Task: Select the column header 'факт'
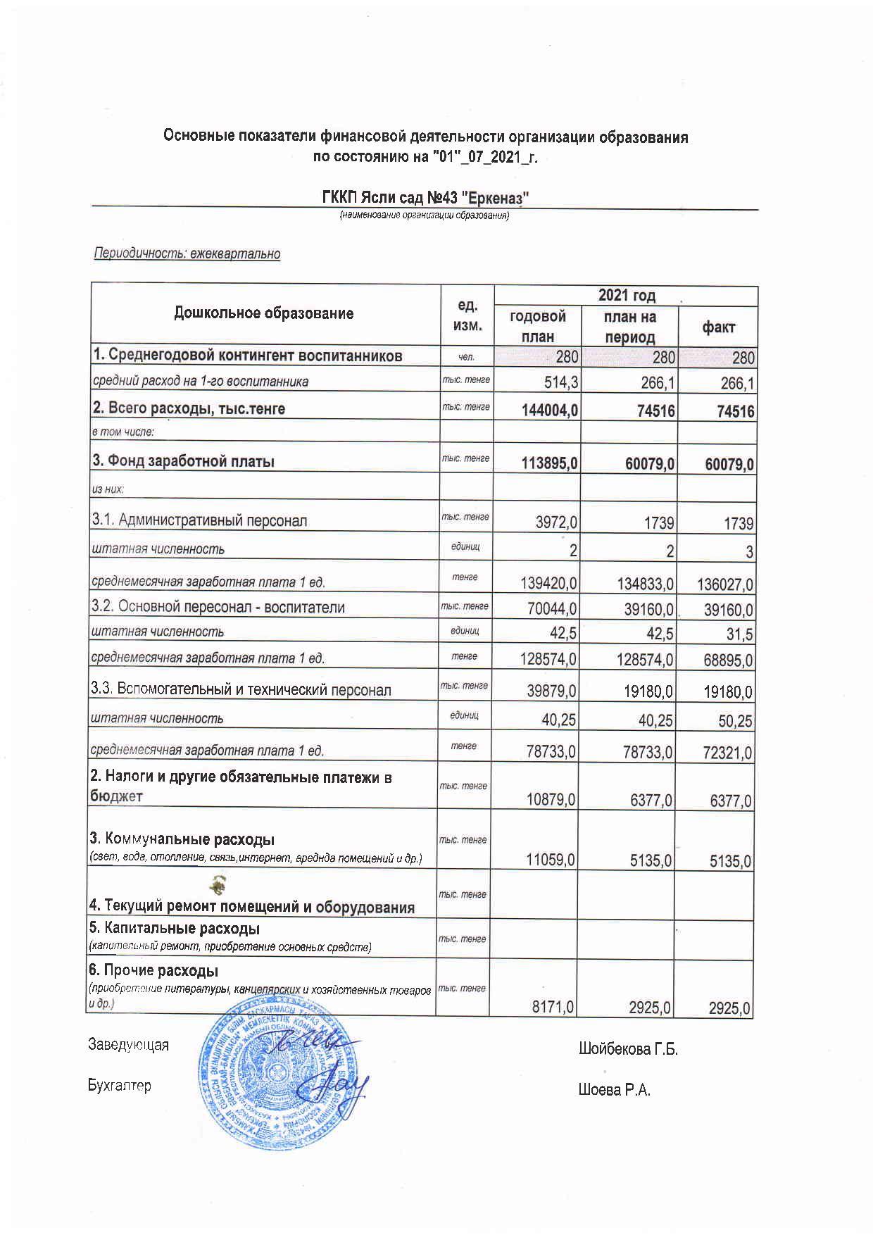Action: tap(717, 327)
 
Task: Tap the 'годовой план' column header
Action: tap(537, 326)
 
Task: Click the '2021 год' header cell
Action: tap(627, 295)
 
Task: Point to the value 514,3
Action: tap(556, 383)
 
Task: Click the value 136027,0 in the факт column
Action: tap(725, 584)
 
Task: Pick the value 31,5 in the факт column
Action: tap(740, 634)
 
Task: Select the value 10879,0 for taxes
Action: tap(551, 801)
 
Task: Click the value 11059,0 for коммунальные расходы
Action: tap(551, 860)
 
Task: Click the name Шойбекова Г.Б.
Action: tap(628, 1050)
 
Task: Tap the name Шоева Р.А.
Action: tap(614, 1091)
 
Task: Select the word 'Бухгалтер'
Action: tap(120, 1086)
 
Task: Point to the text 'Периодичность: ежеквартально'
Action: tap(187, 253)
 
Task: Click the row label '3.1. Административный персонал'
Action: tap(199, 520)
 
